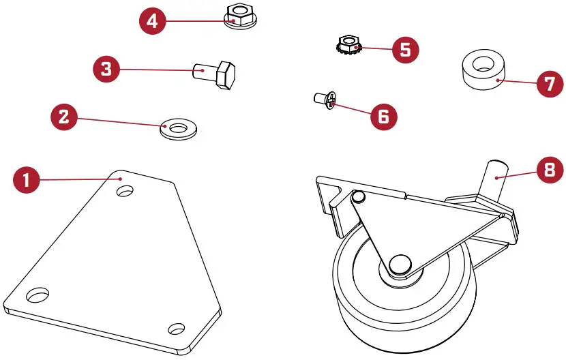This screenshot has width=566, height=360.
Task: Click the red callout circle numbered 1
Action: point(27,179)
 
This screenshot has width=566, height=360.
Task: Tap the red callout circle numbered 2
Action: point(64,117)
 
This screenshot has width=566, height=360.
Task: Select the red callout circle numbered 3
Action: point(106,69)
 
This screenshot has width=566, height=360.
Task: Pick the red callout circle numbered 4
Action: point(153,20)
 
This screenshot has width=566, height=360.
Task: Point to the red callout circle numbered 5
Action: point(406,50)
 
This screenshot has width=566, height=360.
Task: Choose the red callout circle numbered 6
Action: point(384,117)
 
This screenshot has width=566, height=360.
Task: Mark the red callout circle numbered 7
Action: point(550,83)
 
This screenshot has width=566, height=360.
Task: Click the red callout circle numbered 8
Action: point(550,169)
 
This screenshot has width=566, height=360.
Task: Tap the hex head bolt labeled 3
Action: point(214,74)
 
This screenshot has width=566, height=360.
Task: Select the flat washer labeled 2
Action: point(179,130)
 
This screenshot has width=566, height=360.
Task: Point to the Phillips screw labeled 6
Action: point(325,100)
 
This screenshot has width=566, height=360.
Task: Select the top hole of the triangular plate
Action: point(125,191)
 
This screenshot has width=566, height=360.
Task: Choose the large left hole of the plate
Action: point(38,295)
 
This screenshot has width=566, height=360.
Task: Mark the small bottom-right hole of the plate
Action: point(177,329)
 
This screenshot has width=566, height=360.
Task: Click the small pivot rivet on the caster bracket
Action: point(359,196)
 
